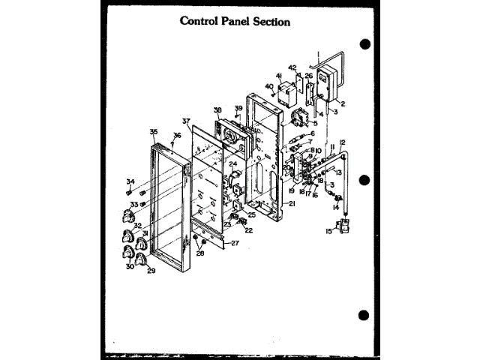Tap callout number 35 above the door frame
coord(153,132)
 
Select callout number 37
coord(186,121)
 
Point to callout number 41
coord(278,76)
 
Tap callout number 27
coord(235,243)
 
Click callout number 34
coord(130,181)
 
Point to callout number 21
coord(292,203)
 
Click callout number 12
coord(342,142)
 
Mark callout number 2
coord(343,103)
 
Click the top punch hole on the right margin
coord(365,44)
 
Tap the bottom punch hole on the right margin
coord(365,315)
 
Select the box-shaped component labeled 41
coord(285,93)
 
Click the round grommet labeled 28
coord(196,240)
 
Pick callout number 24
coord(233,163)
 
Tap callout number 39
coord(239,109)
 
